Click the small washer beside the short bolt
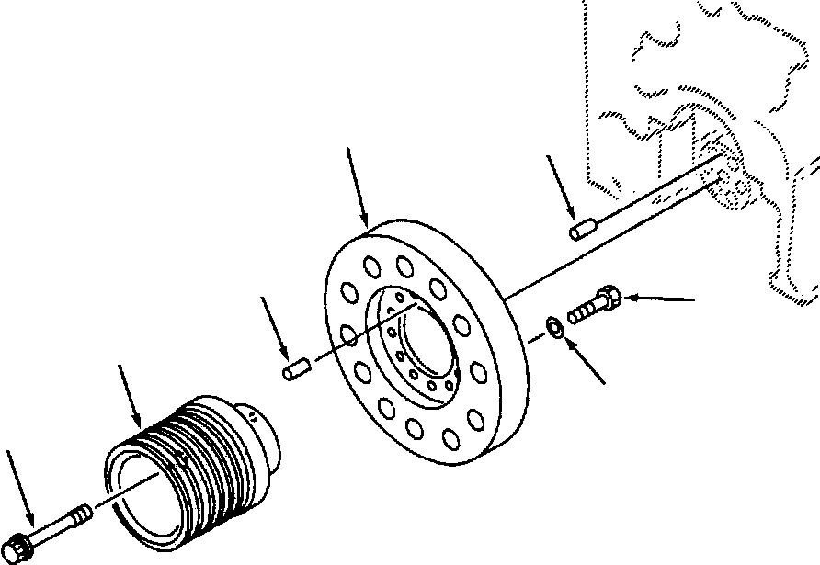[x=555, y=325]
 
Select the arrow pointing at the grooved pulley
[x=131, y=395]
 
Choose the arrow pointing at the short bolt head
[x=660, y=299]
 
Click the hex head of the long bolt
[x=20, y=548]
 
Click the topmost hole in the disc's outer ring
[x=405, y=266]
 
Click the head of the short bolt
[x=609, y=298]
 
